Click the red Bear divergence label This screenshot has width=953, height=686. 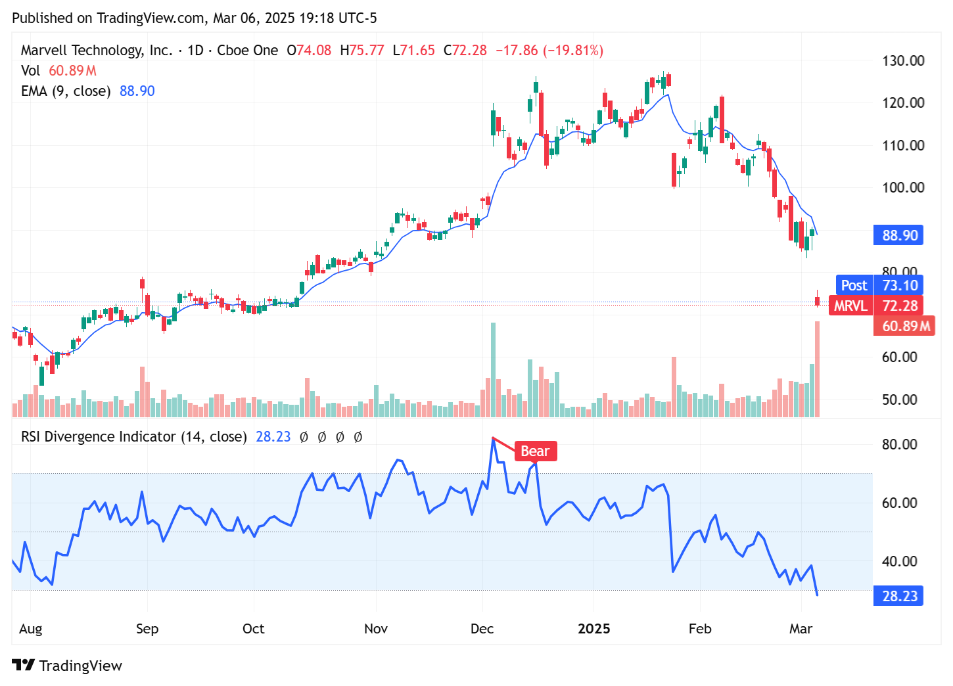tap(535, 451)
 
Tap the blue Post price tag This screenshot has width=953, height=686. tap(854, 285)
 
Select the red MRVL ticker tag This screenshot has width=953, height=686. tap(850, 306)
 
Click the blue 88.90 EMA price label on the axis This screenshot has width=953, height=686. tap(899, 235)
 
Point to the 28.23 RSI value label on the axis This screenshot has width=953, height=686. tap(899, 596)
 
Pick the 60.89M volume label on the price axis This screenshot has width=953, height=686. tap(905, 326)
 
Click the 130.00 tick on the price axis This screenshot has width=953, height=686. tap(902, 61)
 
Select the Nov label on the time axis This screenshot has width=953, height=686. tap(375, 629)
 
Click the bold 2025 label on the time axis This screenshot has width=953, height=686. tap(593, 629)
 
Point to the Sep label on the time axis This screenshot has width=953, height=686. tap(147, 629)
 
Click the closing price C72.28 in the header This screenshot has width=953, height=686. tap(465, 51)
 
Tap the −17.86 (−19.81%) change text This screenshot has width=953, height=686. tap(549, 51)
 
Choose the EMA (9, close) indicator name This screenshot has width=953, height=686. tap(66, 91)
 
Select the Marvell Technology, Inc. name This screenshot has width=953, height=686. tap(97, 51)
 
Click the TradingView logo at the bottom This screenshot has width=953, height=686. tap(67, 666)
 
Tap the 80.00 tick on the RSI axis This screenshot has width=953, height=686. tap(899, 445)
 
